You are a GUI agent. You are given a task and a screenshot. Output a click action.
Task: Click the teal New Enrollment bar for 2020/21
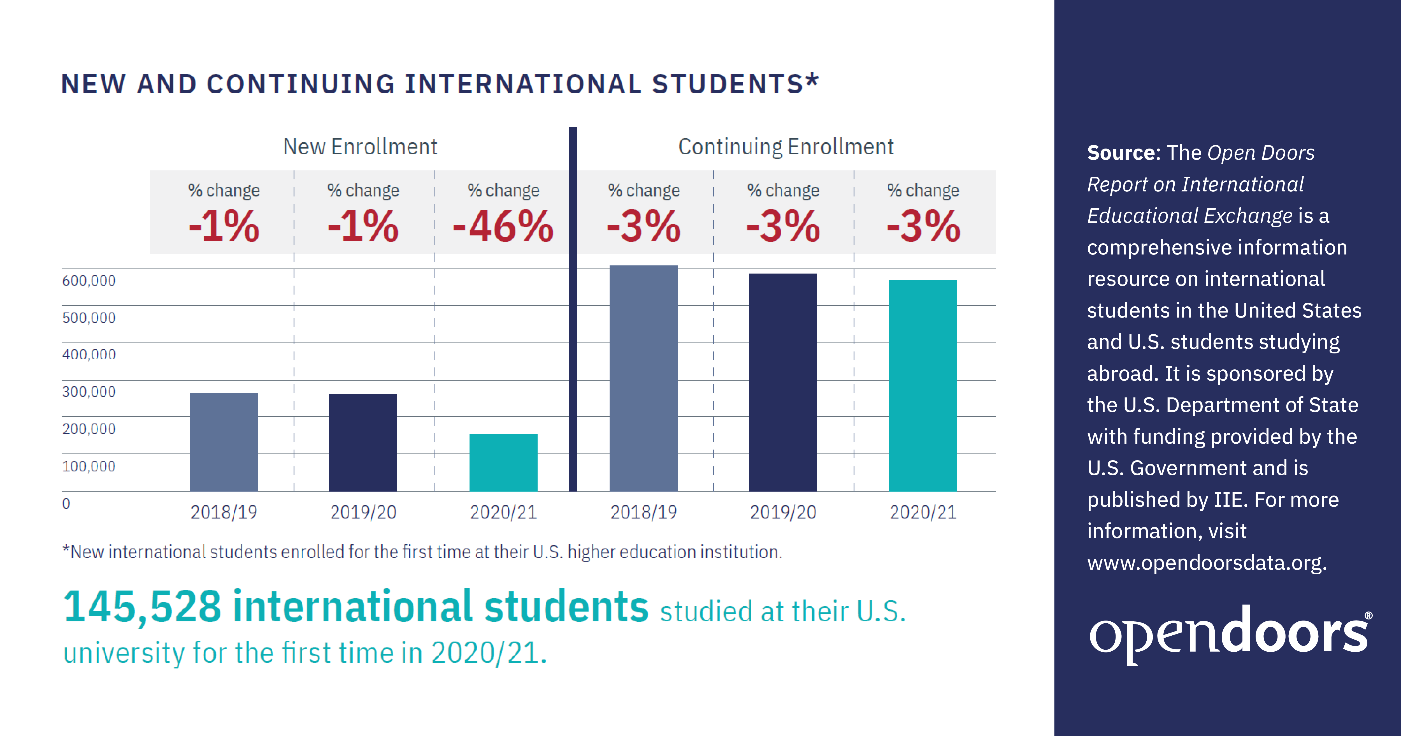(x=503, y=462)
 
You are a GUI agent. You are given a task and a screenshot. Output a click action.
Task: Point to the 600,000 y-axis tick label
(x=89, y=281)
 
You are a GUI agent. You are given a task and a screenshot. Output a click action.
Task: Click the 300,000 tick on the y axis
(x=89, y=392)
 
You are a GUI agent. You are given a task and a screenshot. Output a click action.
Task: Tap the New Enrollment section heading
(x=360, y=147)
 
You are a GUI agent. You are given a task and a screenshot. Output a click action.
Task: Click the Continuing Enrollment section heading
(x=786, y=147)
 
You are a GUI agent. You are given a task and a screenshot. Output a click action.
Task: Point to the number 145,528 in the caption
(x=143, y=607)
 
